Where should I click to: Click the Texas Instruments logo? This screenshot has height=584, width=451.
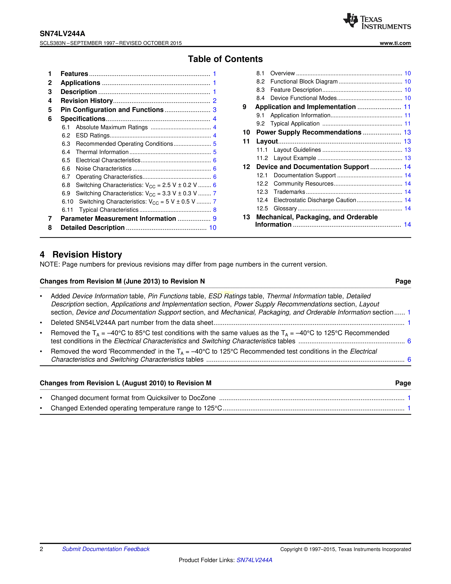tap(377, 21)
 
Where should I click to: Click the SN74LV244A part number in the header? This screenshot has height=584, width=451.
tap(62, 34)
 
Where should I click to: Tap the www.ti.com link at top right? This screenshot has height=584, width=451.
tap(395, 43)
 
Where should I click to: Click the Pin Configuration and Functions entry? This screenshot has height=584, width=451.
tap(112, 110)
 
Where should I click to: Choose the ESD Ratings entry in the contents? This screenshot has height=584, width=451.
tap(93, 136)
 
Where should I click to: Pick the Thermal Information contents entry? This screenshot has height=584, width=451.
tap(102, 152)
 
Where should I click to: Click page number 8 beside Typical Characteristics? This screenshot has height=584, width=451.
tap(215, 210)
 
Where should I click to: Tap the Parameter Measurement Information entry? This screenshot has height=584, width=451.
tap(118, 219)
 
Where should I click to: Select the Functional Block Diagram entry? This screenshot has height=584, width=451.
tap(304, 82)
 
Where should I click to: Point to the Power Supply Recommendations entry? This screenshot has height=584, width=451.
tap(309, 132)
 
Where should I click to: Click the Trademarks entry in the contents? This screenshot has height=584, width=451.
tap(289, 192)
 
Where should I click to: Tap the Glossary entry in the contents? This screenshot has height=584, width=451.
tap(285, 209)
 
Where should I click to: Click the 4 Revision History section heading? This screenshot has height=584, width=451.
tap(81, 254)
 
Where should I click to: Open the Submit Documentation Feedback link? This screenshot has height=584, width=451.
tap(106, 549)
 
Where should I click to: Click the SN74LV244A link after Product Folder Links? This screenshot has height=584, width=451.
tap(254, 560)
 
